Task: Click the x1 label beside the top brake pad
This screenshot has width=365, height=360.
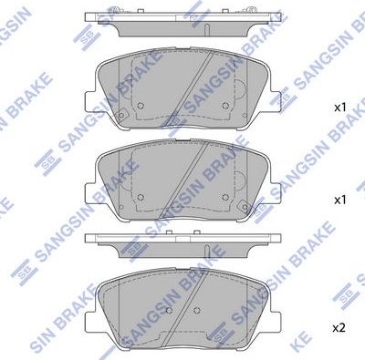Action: [x=340, y=108]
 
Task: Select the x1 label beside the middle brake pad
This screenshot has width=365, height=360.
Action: [x=340, y=199]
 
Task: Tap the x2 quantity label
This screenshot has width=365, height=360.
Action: [x=340, y=327]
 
